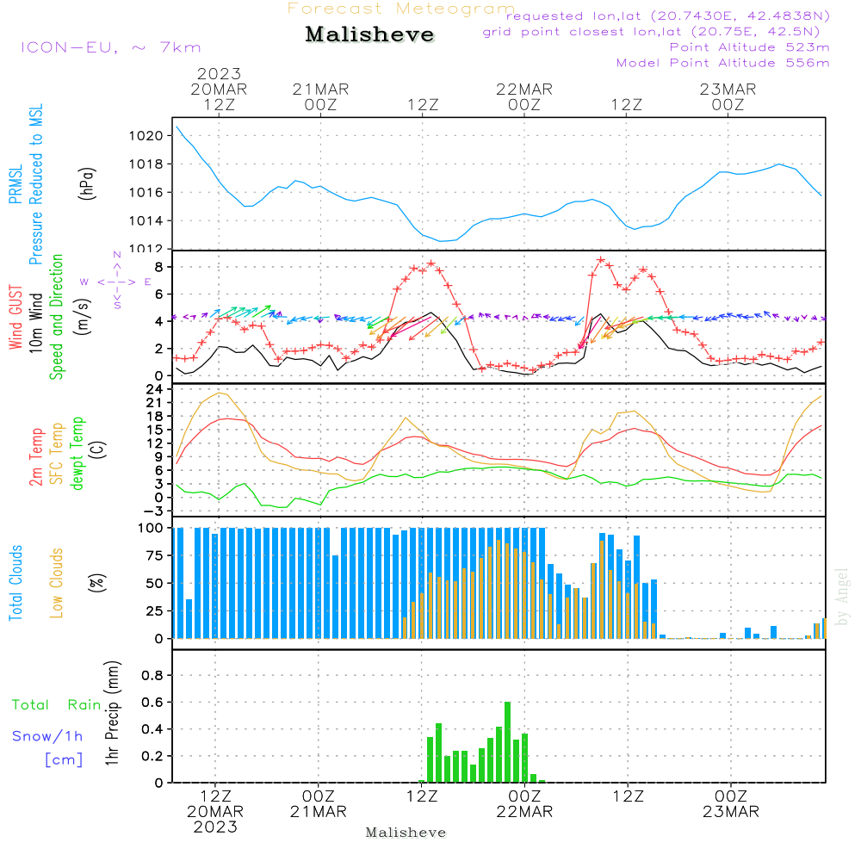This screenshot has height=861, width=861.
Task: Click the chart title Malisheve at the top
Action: (369, 35)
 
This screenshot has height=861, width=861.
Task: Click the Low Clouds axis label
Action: (57, 583)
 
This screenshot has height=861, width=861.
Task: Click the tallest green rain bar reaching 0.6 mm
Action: (508, 741)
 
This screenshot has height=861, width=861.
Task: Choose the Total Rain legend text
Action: (57, 705)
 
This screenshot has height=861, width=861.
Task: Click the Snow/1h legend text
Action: (48, 736)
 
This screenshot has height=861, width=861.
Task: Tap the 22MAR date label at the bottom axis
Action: (524, 812)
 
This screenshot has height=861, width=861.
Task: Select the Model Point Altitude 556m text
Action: (722, 63)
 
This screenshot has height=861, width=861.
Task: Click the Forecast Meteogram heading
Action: (401, 9)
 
